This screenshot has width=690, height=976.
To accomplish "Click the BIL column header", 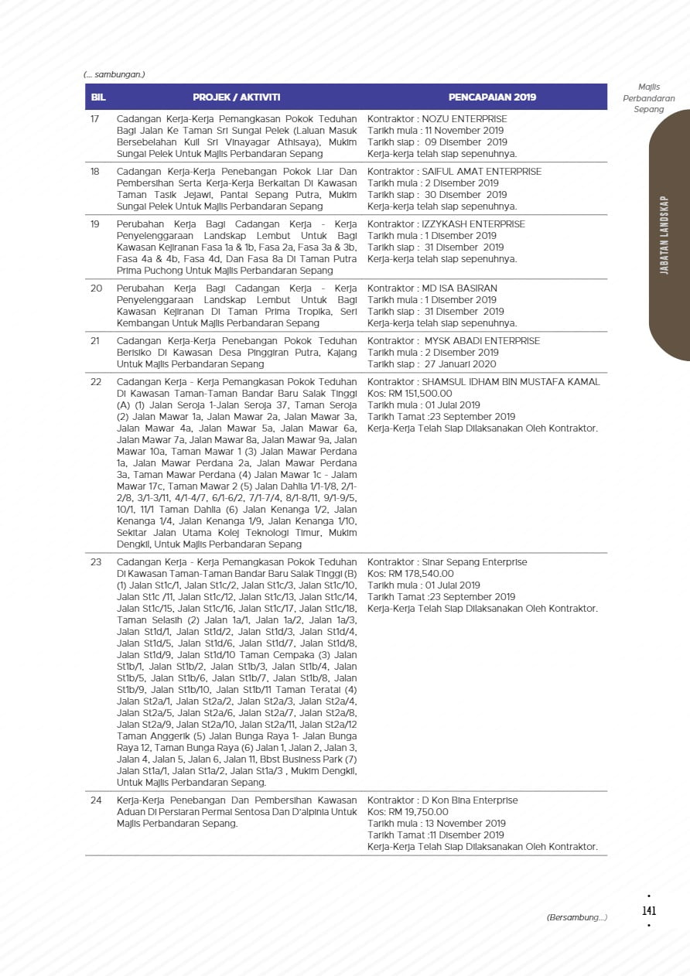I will click(98, 97).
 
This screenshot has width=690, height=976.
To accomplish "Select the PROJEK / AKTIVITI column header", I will click(236, 97).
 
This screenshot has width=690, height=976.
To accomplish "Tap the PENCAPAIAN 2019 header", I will click(492, 97).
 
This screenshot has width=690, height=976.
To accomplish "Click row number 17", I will click(96, 119).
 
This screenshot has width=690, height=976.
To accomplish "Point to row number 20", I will click(97, 288).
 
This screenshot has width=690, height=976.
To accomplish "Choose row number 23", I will click(96, 562).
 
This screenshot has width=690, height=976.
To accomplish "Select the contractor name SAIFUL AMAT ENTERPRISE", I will click(481, 172).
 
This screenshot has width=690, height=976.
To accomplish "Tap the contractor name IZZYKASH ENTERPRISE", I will click(473, 224).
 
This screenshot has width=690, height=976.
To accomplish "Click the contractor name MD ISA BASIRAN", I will click(459, 288).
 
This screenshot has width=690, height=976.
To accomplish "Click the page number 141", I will click(649, 911).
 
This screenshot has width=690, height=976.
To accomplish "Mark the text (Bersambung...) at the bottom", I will click(576, 918).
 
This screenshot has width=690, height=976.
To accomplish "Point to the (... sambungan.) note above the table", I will click(114, 75).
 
